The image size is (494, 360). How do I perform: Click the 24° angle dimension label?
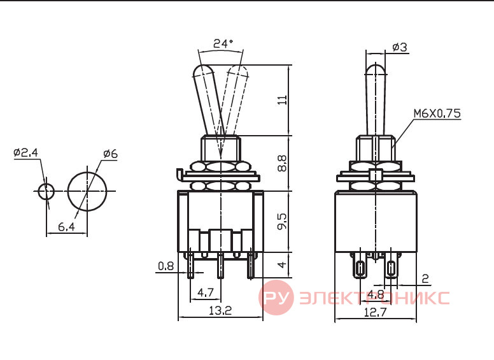[x=223, y=43]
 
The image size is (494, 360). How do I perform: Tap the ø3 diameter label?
[x=400, y=47]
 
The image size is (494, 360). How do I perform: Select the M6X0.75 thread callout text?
[x=437, y=113]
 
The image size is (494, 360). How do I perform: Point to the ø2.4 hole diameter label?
[x=26, y=152]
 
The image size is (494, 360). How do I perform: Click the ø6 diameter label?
[x=110, y=154]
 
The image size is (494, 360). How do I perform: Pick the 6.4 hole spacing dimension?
[x=66, y=226]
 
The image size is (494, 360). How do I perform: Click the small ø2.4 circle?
[x=46, y=191]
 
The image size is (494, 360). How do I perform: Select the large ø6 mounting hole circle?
[x=87, y=191]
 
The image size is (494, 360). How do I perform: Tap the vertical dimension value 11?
[x=283, y=99]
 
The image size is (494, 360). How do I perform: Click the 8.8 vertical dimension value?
[x=282, y=163]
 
